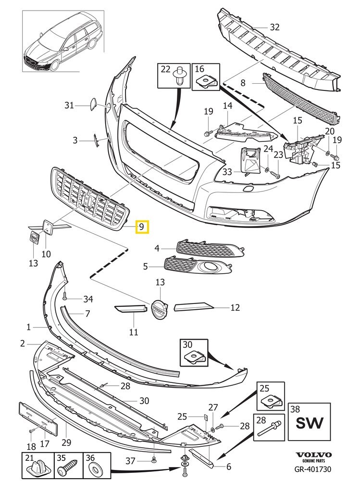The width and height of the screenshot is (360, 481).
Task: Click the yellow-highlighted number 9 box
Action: coord(143,226)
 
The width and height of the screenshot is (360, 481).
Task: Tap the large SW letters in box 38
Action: coord(309,424)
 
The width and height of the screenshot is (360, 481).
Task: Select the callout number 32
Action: coord(274,27)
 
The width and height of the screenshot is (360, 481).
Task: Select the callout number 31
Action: coord(69,105)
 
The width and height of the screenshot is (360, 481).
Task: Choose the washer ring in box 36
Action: coord(96,468)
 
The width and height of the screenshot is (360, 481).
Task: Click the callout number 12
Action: coord(235,307)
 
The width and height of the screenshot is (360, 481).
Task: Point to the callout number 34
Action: coord(88,299)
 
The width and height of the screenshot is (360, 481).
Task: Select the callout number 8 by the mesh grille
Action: coord(243,83)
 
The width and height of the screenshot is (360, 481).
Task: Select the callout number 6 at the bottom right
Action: coord(228,466)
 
